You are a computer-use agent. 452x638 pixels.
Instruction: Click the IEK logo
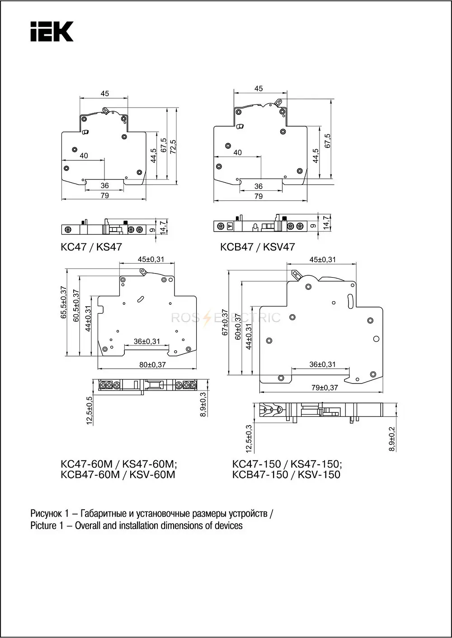point(52,31)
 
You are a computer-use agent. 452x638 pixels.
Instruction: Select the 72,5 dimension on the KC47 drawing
point(173,147)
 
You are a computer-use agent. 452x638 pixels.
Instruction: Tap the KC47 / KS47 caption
point(91,247)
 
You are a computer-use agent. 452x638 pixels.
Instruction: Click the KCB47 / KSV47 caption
point(258,247)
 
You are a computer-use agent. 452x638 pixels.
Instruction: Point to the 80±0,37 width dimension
point(153,364)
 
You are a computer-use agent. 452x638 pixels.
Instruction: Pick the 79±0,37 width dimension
point(325,388)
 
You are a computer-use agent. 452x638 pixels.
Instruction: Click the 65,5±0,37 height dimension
point(63,302)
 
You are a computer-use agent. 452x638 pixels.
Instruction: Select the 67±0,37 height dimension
point(225,322)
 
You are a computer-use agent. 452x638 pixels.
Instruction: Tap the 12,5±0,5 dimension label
point(89,411)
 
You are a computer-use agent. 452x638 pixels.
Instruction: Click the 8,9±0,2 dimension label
point(392,439)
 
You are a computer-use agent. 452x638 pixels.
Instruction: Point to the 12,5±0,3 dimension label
point(249,439)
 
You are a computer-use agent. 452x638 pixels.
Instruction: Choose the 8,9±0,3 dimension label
point(203,404)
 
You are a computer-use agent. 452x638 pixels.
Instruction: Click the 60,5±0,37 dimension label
point(76,306)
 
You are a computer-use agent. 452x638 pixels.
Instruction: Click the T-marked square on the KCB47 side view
point(230,227)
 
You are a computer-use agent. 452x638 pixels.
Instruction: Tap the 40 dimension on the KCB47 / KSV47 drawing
point(237,152)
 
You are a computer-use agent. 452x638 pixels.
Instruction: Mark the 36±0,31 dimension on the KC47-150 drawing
point(322,364)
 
